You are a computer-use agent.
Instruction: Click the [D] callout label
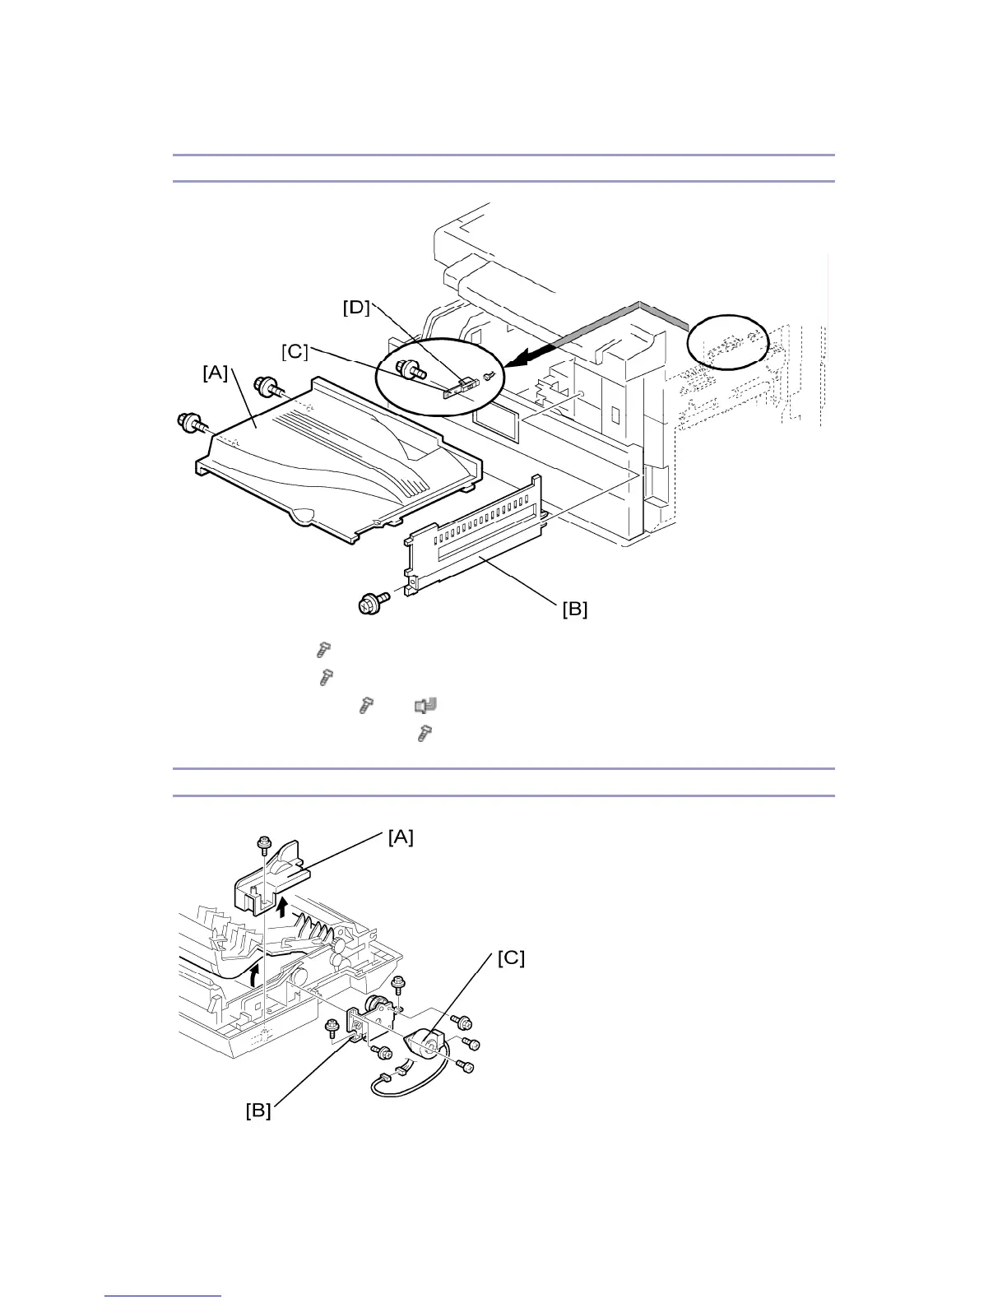356,308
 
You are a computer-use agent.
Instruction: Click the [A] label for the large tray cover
216,373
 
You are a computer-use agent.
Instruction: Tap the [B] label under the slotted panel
575,610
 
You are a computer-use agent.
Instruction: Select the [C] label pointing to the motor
510,958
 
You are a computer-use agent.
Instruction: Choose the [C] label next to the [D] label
295,351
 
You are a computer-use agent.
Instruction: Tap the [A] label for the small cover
401,837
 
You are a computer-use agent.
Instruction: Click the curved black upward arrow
253,976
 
